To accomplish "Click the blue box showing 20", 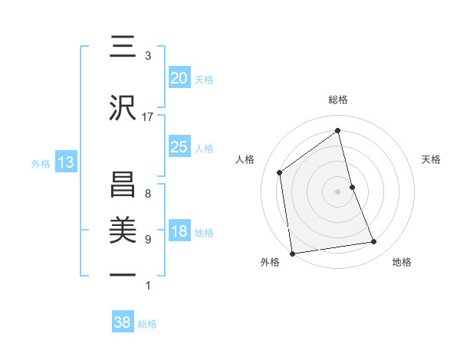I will tap(179, 78).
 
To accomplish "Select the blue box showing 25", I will tap(179, 147).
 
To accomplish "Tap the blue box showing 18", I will tap(179, 232).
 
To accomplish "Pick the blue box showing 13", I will tap(65, 162).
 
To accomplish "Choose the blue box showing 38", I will tap(123, 322).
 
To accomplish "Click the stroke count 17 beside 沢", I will tap(148, 117).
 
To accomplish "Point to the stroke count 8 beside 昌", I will tap(147, 194).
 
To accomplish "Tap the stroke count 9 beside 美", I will tap(147, 240).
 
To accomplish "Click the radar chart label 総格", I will tap(338, 100).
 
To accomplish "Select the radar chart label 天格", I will tap(432, 159).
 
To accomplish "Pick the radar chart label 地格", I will tap(402, 262).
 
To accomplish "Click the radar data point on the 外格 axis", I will tap(292, 253).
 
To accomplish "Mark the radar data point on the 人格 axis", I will tap(280, 172).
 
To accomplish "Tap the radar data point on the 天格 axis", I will tap(352, 187).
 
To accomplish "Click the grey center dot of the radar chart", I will tap(338, 191).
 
